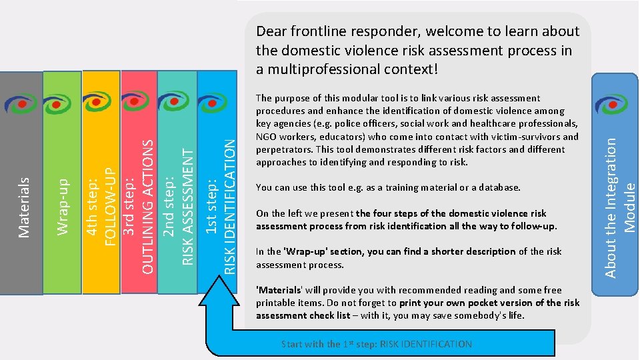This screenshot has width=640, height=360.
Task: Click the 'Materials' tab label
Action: click(x=24, y=207)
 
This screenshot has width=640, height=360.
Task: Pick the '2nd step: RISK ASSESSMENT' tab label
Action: click(x=179, y=207)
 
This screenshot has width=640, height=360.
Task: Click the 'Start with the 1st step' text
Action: click(x=376, y=345)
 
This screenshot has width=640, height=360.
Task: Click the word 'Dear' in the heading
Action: click(x=272, y=32)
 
